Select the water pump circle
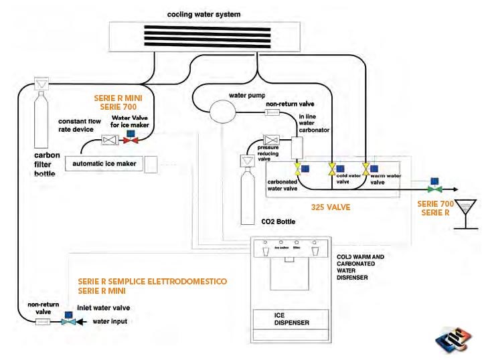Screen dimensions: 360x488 tap(222, 110)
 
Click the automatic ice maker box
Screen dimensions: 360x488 tap(103, 163)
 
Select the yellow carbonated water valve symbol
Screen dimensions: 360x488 tap(297, 169)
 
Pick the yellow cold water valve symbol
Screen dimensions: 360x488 tap(331, 169)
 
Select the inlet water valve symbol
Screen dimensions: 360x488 tap(68, 322)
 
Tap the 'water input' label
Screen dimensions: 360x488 tap(110, 322)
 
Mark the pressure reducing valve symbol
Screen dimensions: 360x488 tap(271, 141)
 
